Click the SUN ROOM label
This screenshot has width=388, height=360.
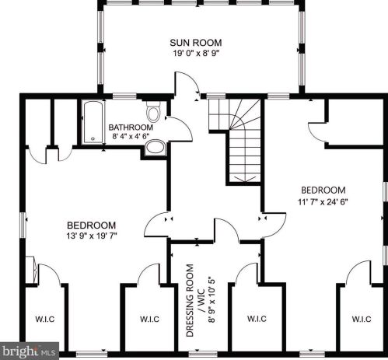(196, 43)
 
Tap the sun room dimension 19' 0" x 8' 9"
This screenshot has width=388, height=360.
(196, 53)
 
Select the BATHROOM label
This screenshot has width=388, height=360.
(131, 128)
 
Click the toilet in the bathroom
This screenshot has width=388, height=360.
(153, 112)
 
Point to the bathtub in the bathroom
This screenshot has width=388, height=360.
(93, 122)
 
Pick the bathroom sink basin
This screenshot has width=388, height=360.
(155, 148)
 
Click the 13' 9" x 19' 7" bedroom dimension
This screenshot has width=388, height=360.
(92, 236)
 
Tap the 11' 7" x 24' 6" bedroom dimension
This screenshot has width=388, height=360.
(323, 201)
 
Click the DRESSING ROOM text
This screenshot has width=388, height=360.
(190, 300)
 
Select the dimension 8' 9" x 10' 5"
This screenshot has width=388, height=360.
(211, 300)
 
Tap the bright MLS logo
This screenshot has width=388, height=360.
(29, 351)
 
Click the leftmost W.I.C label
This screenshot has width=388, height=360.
(45, 319)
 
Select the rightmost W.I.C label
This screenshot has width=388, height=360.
(362, 319)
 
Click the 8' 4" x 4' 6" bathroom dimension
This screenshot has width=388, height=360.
(131, 136)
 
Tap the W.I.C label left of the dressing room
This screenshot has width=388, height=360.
(149, 319)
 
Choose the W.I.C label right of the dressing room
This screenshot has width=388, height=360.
(257, 318)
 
